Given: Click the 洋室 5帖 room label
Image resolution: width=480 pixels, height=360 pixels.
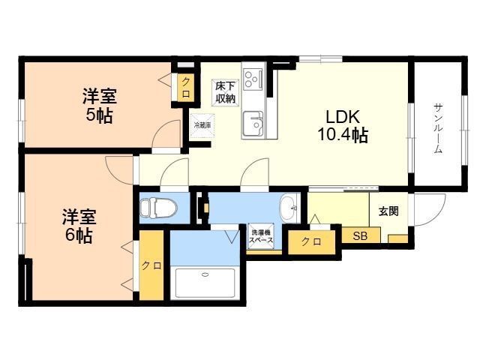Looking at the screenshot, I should coord(99,106).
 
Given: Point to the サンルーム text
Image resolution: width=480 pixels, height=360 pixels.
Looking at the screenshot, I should coord(438,128).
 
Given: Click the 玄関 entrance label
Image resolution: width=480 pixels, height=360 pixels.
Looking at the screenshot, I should coord(388,211).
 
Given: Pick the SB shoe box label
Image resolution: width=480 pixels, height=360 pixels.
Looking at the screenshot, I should coord(361,236).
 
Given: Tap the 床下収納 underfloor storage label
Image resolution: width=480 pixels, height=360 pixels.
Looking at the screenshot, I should coord(225,91).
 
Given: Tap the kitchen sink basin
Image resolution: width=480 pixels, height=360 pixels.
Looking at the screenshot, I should coord(253,121).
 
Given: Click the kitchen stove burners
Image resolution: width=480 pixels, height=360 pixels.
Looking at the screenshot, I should coord(253,77).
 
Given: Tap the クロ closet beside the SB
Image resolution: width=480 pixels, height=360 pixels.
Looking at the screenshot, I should coord(311,241).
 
